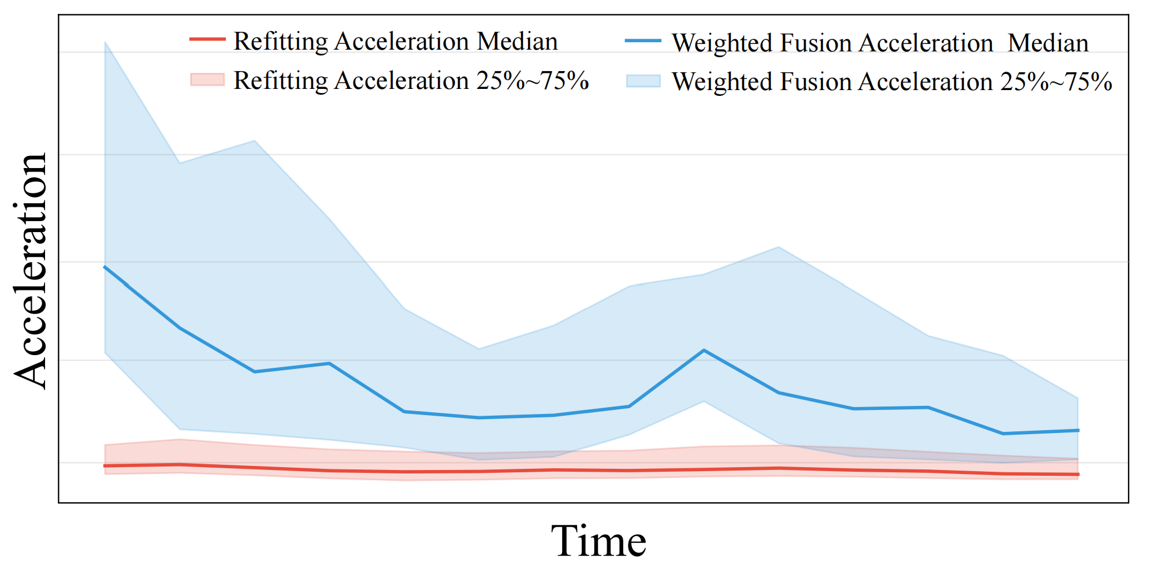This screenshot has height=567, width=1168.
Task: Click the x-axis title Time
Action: click(598, 542)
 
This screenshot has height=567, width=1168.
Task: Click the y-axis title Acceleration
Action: click(30, 271)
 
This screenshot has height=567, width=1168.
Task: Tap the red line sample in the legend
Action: click(207, 39)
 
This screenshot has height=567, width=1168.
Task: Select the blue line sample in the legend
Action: click(643, 41)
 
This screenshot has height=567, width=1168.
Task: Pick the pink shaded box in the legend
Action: click(207, 80)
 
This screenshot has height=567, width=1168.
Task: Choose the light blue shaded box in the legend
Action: click(643, 81)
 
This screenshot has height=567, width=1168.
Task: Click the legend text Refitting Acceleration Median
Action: click(395, 42)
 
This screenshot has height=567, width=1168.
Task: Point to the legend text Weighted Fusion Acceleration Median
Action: click(880, 43)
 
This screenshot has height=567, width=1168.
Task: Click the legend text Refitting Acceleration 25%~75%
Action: click(411, 81)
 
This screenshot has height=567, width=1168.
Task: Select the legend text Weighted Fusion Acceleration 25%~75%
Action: click(892, 82)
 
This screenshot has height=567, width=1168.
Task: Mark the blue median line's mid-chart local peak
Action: click(704, 350)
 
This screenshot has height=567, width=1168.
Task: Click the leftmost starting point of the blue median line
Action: click(105, 267)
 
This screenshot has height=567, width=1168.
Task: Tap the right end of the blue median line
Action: click(1078, 430)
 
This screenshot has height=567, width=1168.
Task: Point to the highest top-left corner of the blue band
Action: click(105, 42)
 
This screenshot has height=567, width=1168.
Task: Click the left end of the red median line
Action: click(105, 465)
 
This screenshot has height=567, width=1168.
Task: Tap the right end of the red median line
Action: click(1078, 475)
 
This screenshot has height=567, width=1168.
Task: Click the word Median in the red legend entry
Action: click(517, 42)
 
